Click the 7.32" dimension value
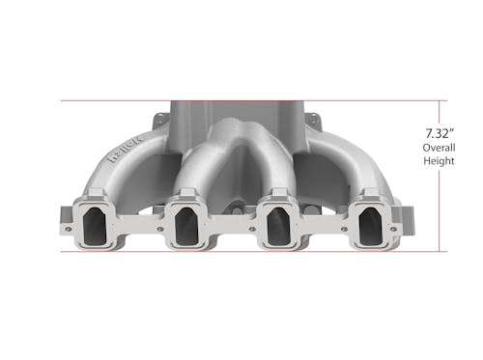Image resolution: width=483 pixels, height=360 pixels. pyautogui.click(x=440, y=133)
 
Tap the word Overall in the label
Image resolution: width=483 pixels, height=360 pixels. pyautogui.click(x=439, y=148)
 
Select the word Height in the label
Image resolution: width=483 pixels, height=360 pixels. pyautogui.click(x=439, y=160)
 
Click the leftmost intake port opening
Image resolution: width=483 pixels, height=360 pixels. pyautogui.click(x=95, y=226)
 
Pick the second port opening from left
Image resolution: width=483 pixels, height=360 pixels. pyautogui.click(x=186, y=226)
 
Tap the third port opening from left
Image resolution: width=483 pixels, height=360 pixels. pyautogui.click(x=279, y=226)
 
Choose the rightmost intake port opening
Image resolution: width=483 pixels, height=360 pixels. pyautogui.click(x=371, y=226)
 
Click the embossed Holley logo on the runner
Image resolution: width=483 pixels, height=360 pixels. pyautogui.click(x=126, y=150)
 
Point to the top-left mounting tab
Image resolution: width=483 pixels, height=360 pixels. pyautogui.click(x=160, y=120)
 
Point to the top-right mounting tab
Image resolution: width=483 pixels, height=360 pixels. pyautogui.click(x=313, y=120)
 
